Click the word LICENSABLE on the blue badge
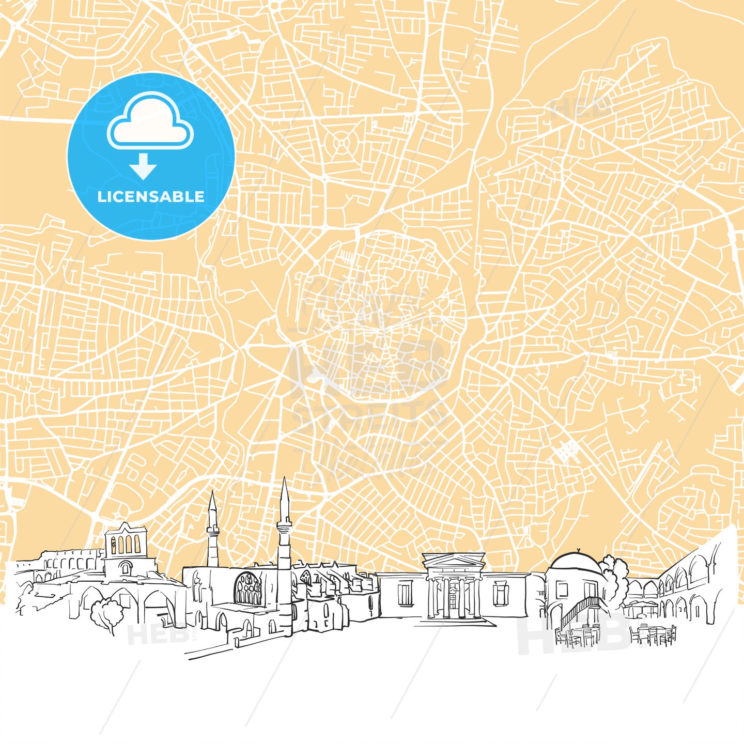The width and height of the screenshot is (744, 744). (x=151, y=197)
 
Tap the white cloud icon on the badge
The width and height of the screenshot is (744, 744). (x=150, y=122)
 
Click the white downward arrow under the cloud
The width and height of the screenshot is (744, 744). (x=143, y=167)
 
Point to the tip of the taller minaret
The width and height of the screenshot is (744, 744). (x=284, y=479)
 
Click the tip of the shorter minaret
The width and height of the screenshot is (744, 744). (x=212, y=493)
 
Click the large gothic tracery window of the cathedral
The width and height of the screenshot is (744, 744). (x=249, y=589)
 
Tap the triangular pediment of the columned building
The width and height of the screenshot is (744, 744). (x=454, y=561)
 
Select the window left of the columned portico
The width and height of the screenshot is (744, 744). (x=405, y=593)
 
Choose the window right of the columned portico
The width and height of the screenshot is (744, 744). (x=500, y=593)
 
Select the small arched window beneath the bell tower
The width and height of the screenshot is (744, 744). (x=125, y=568)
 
